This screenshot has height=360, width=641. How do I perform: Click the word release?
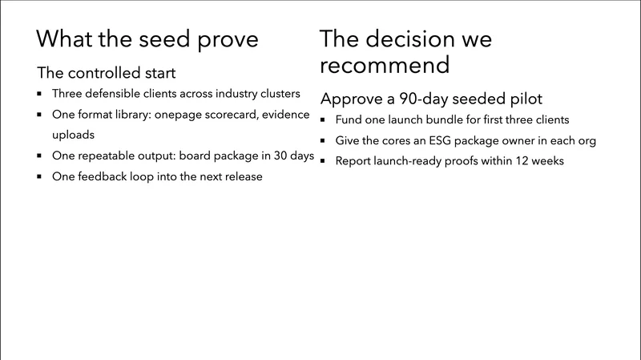[x=240, y=176]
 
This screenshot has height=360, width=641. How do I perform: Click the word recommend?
[x=384, y=64]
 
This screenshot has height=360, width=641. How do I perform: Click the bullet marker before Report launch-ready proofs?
[x=324, y=161]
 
